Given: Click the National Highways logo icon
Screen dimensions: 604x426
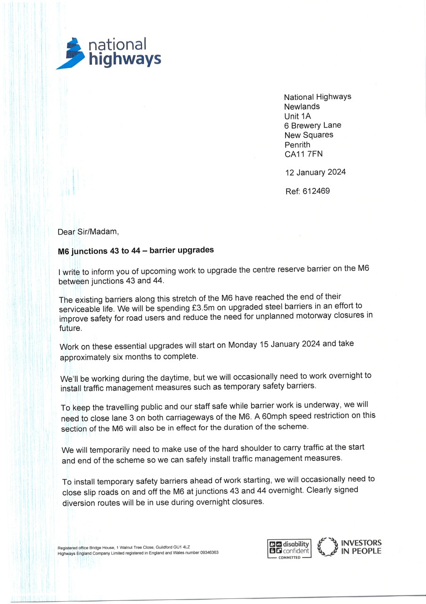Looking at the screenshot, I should click(72, 53).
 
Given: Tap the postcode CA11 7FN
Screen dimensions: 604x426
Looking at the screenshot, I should click(304, 154).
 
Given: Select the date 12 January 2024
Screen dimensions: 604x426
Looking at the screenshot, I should click(315, 172).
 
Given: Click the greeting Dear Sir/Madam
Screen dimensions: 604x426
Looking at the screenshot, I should click(85, 232).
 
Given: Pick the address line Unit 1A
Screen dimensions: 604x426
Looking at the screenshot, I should click(298, 116).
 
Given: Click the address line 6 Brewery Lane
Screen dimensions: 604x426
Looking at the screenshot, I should click(312, 126).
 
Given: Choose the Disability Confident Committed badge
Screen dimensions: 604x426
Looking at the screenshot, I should click(289, 549).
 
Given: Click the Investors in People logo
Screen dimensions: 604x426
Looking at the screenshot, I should click(350, 547).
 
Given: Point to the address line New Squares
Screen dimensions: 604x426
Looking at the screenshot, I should click(308, 135).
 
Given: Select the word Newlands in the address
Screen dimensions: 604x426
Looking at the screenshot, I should click(302, 107).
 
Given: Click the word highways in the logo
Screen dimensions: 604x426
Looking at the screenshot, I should click(125, 59).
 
